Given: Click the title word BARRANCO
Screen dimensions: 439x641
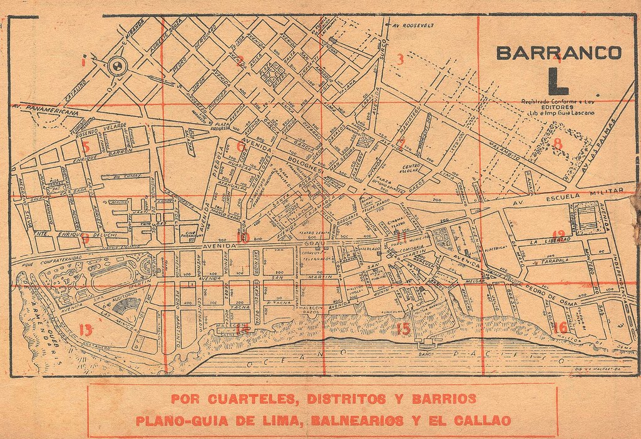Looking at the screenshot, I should point(558,53).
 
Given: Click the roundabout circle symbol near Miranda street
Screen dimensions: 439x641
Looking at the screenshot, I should point(116,66).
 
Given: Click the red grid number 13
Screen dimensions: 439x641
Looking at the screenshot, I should point(86,330).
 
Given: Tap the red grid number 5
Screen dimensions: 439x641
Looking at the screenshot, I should point(86,147).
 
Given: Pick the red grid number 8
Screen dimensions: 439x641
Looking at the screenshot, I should point(557,144).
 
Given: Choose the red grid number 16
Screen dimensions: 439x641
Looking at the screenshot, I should point(560,327).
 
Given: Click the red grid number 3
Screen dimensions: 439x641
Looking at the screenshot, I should point(399,59).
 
